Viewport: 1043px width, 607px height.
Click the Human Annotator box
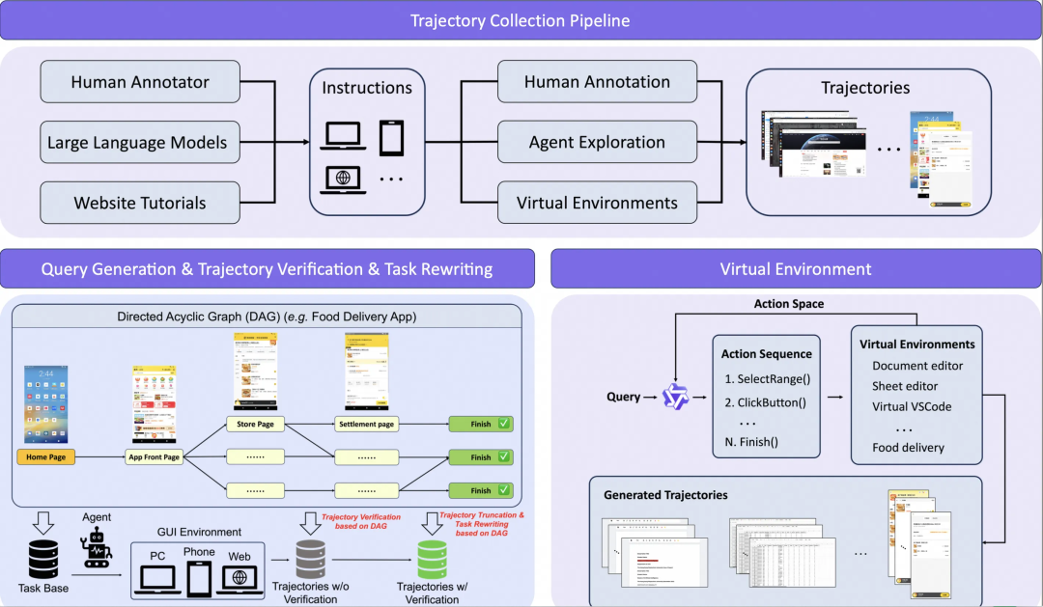tap(140, 82)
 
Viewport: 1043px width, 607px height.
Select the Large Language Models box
tap(138, 143)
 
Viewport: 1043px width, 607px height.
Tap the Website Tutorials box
tap(140, 204)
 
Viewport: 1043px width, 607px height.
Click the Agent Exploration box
tap(597, 142)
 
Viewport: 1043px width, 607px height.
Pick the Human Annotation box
tap(597, 82)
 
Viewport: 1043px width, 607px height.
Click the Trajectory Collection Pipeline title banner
tap(521, 21)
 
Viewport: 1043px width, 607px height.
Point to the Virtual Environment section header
tap(796, 269)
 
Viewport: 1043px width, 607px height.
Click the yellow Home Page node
tap(45, 456)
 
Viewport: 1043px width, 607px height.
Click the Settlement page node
tap(366, 424)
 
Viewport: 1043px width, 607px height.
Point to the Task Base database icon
tap(42, 555)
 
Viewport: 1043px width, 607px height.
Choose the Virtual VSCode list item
tap(912, 406)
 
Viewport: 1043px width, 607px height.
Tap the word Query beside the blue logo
tap(623, 397)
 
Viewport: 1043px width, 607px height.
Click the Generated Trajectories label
tap(665, 495)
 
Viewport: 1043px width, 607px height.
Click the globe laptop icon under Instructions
tap(345, 179)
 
